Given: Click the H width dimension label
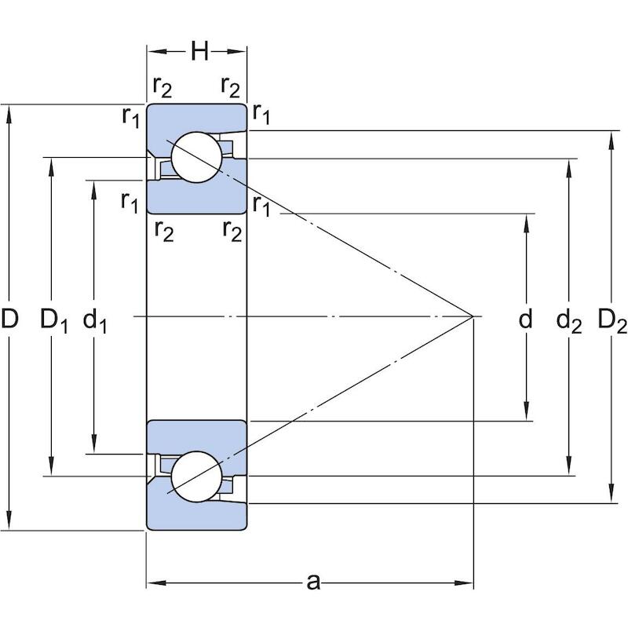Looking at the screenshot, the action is [x=199, y=51].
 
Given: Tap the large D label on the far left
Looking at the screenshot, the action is [x=9, y=319].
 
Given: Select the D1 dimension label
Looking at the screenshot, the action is [x=53, y=320].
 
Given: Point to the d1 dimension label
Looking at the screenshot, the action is [x=94, y=320].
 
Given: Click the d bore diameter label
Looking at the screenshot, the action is [x=525, y=319].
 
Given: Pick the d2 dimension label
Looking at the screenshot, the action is [x=568, y=320].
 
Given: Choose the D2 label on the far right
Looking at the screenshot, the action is [x=612, y=320].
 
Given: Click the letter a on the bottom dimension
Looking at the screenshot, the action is [x=313, y=582].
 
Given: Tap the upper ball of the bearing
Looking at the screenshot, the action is [x=196, y=157].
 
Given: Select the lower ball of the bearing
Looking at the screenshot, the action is [x=196, y=476].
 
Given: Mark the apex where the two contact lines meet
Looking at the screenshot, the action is [x=473, y=316].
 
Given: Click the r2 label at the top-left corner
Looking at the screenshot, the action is [x=162, y=87].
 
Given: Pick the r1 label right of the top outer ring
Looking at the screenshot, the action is [x=261, y=114].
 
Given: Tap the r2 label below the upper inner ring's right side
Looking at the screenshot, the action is [x=232, y=231].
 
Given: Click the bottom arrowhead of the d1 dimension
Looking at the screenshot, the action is [x=93, y=444].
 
